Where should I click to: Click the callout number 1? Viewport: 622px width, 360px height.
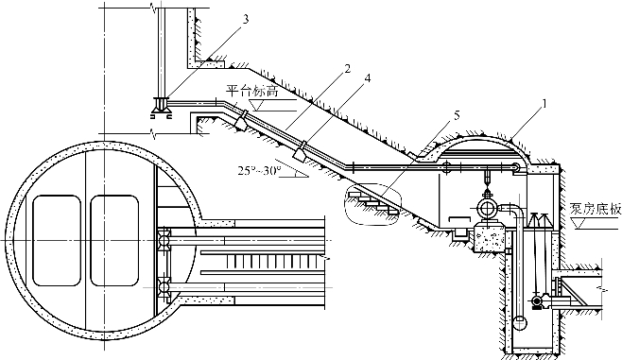click(544, 104)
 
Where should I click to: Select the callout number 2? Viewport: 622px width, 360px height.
click(348, 69)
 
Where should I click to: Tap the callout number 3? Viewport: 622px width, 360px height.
click(246, 19)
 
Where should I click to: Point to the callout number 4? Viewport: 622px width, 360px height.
click(368, 79)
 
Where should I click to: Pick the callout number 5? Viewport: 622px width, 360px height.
click(457, 115)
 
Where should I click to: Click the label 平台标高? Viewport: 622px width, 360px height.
click(252, 92)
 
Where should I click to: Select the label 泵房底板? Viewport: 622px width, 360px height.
click(595, 209)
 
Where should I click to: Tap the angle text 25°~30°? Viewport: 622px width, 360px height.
click(259, 170)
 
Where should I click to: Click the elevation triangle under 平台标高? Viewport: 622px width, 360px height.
click(255, 105)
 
